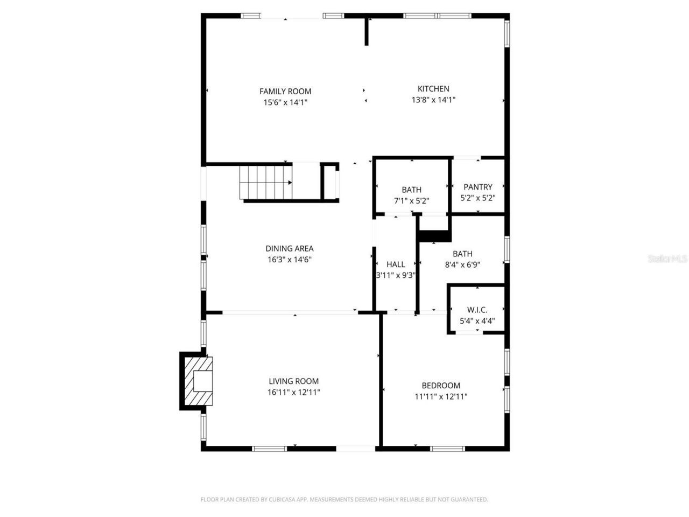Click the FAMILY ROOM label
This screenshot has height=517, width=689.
coord(285,92)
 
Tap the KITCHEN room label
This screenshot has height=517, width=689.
coord(433,89)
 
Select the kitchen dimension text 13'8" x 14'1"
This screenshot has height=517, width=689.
coord(433,100)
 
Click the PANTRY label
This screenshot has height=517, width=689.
coord(478,187)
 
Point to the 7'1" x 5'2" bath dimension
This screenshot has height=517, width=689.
coord(411,201)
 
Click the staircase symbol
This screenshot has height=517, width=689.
coord(266,183)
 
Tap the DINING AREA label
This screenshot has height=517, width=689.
coord(289,248)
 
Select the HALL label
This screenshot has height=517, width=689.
coord(396,264)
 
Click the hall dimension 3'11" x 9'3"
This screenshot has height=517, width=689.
coord(396,275)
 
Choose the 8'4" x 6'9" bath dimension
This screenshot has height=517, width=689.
coord(462,264)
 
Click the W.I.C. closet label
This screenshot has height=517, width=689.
coord(477,310)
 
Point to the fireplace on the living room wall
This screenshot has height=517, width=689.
coord(196,381)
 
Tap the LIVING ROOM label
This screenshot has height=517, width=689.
coord(293,381)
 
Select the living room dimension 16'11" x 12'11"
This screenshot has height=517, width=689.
coord(293,392)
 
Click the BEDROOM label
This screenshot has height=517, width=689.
coord(441,385)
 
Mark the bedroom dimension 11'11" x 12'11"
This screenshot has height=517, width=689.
coord(441,396)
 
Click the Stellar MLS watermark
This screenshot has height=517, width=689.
coord(667,258)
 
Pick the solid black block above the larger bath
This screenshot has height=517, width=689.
coord(434,235)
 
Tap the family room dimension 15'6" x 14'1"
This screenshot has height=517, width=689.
coord(285,102)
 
